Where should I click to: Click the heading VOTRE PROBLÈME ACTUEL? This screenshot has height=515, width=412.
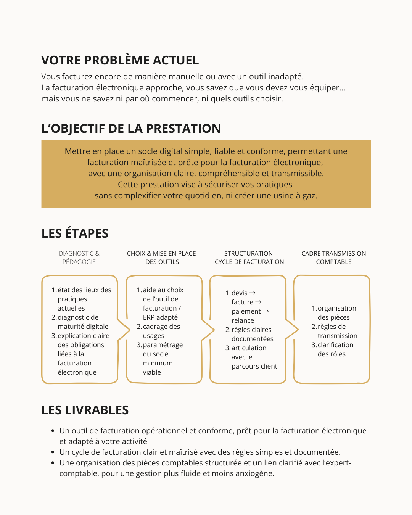(120, 60)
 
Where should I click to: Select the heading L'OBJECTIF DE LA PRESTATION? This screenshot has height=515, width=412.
(131, 129)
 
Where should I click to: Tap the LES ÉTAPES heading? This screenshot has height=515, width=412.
(75, 233)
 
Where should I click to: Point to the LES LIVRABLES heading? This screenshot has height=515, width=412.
(85, 410)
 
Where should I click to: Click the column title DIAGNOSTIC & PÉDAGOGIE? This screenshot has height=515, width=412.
(79, 257)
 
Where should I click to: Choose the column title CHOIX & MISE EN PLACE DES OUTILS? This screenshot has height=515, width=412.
(161, 257)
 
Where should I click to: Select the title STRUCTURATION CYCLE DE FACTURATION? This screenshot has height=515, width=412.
(249, 257)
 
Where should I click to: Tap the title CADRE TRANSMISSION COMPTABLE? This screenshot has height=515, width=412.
(333, 257)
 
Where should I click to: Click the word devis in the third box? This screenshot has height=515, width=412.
(239, 293)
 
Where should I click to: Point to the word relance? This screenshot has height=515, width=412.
(243, 320)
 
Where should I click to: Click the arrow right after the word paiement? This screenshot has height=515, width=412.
(266, 311)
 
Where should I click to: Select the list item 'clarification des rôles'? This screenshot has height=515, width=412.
(333, 349)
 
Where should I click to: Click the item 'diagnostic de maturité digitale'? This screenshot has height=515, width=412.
(82, 322)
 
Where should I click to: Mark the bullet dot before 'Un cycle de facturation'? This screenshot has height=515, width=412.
(53, 452)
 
